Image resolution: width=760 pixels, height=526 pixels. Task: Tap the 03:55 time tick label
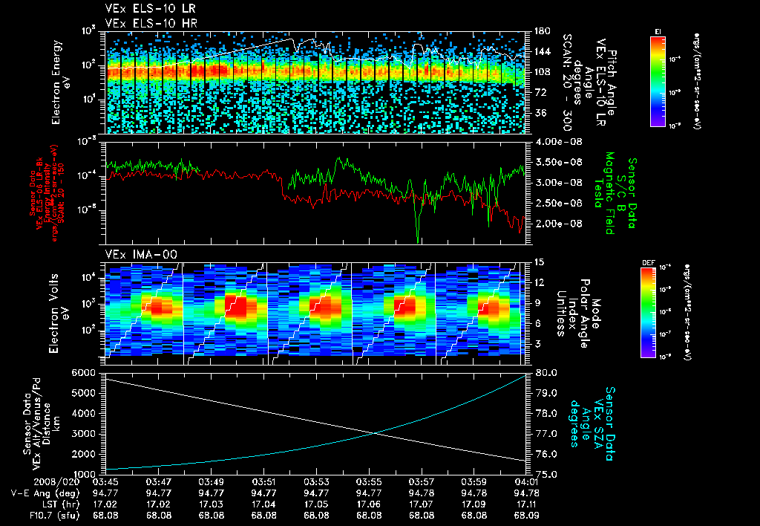[x=370, y=481]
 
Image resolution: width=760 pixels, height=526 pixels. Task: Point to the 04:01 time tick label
[x=526, y=481]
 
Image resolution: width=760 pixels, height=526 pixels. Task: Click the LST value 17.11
[x=526, y=503]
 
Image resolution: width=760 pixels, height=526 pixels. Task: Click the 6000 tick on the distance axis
[x=86, y=371]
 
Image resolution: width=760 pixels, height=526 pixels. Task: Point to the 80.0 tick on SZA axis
[x=546, y=371]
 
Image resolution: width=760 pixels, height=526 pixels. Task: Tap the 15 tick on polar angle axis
[x=537, y=262]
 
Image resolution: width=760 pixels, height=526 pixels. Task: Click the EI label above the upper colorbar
[x=658, y=30]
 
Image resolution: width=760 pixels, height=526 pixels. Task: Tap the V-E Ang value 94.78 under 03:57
[x=422, y=492]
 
